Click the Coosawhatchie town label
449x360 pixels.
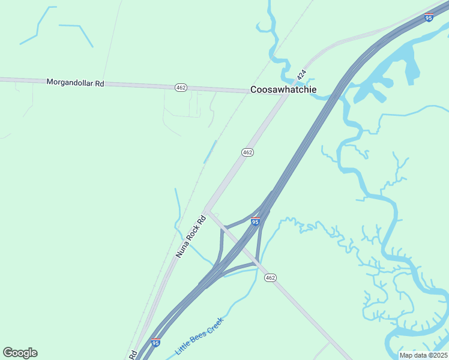click(283, 90)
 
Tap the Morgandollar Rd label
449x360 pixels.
click(75, 83)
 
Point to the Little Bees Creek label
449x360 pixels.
click(199, 335)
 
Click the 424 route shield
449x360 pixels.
click(301, 75)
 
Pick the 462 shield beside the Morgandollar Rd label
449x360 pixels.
click(181, 88)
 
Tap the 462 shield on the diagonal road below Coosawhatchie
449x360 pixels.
click(247, 152)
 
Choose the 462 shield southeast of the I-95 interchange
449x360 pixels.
click(270, 277)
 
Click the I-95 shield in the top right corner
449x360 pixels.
click(428, 18)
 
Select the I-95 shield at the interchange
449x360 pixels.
click(255, 221)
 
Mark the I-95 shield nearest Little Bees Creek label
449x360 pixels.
click(155, 343)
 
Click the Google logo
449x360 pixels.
click(20, 353)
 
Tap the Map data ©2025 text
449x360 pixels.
click(423, 355)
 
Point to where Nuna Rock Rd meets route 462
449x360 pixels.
click(206, 210)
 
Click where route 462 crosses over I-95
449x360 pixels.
click(243, 247)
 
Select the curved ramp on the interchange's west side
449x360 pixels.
click(221, 246)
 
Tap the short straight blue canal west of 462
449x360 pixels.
click(209, 152)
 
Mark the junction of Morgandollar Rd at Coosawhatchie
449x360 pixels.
click(285, 95)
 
